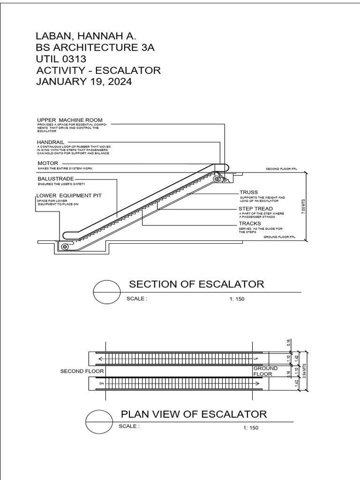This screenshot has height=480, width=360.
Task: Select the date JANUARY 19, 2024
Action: (x=84, y=82)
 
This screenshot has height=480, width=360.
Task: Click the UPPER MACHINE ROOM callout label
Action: (x=69, y=120)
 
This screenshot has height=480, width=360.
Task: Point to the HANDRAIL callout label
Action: (x=52, y=141)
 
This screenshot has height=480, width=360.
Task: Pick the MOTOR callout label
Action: (x=48, y=163)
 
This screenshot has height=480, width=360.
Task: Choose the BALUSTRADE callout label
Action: (x=56, y=179)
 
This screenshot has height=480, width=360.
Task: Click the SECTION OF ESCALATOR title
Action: (x=196, y=284)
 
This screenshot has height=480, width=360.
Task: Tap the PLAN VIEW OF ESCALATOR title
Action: (x=194, y=414)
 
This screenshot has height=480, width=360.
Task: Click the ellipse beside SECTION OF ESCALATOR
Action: (x=107, y=292)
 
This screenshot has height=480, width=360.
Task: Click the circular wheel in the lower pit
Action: (x=65, y=247)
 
